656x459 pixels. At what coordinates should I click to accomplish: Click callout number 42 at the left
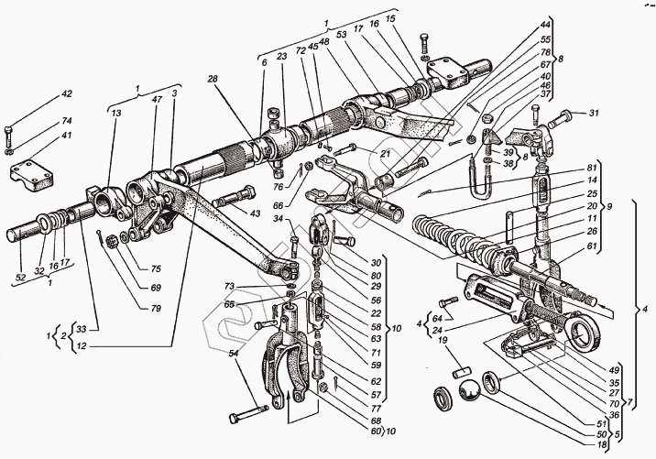(x=66, y=94)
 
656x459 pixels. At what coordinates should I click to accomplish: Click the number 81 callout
(x=592, y=167)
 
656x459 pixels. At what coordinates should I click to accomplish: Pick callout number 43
(x=255, y=214)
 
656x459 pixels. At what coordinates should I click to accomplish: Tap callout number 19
(x=443, y=341)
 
